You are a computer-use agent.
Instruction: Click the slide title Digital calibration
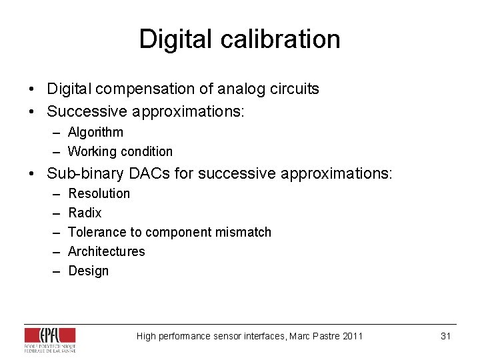239,39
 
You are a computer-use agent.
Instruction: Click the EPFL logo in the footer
50,339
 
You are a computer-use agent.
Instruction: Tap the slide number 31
446,336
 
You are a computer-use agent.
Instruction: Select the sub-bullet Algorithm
95,132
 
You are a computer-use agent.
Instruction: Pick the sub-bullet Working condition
120,151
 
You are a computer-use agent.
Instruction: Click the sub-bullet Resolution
99,193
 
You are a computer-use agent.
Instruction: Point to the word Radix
85,213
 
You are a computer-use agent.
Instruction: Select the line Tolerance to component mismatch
169,232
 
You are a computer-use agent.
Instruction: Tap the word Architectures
106,251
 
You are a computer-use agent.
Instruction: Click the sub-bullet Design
88,271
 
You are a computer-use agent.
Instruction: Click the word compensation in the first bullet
141,89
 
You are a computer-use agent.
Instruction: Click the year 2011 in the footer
352,336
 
